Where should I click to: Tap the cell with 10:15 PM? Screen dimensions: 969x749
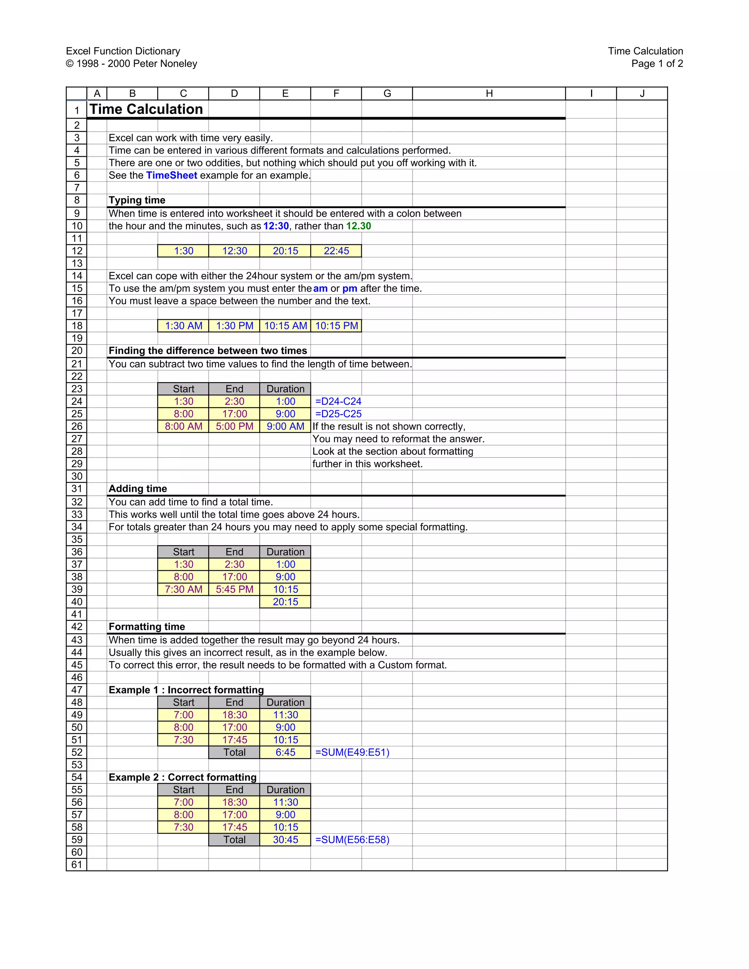point(336,326)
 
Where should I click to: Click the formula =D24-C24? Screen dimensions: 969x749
point(338,401)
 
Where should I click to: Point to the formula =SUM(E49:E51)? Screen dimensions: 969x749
point(352,753)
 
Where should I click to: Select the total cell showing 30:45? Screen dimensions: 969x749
point(285,840)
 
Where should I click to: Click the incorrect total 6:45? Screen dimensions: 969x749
point(285,753)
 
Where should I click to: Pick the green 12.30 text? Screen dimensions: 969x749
point(358,226)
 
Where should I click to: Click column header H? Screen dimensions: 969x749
point(489,94)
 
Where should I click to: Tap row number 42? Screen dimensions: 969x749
point(77,627)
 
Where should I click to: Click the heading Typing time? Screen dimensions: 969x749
point(137,200)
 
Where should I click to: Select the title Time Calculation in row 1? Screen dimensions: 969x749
point(146,109)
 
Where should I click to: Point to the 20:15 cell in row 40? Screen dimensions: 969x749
point(285,602)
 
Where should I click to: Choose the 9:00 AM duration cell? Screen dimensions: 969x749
point(285,426)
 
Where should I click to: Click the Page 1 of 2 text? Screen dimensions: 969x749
point(657,64)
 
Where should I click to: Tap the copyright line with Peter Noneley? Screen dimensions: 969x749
point(131,64)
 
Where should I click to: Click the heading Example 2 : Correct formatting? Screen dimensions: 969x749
point(182,777)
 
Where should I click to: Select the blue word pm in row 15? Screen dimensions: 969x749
point(350,289)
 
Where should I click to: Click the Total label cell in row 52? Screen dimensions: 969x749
point(234,753)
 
